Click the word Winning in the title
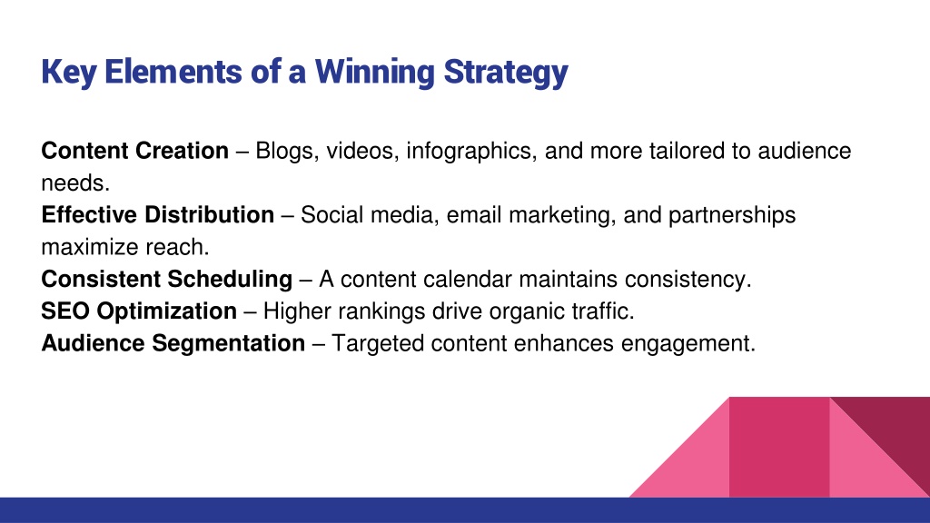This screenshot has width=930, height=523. click(375, 73)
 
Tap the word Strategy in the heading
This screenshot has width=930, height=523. click(506, 73)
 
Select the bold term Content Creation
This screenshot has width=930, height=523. click(135, 151)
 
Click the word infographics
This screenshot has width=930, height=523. click(471, 152)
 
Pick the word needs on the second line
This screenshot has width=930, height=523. click(75, 183)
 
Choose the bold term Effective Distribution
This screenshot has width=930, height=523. click(158, 214)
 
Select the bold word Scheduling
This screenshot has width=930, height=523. click(230, 280)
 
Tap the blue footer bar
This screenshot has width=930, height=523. click(465, 510)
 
